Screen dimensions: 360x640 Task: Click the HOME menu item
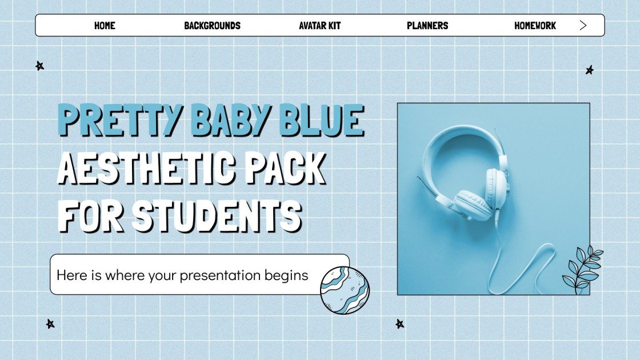105,26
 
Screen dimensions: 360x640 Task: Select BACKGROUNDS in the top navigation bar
212,26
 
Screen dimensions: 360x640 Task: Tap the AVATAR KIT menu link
320,26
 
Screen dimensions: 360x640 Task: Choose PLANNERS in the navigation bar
427,26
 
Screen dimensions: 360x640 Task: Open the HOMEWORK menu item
535,26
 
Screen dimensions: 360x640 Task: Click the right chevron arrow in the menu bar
583,25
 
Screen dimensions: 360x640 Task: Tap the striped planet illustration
345,290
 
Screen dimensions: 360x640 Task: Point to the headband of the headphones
451,137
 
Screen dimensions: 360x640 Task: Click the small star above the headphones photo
589,70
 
